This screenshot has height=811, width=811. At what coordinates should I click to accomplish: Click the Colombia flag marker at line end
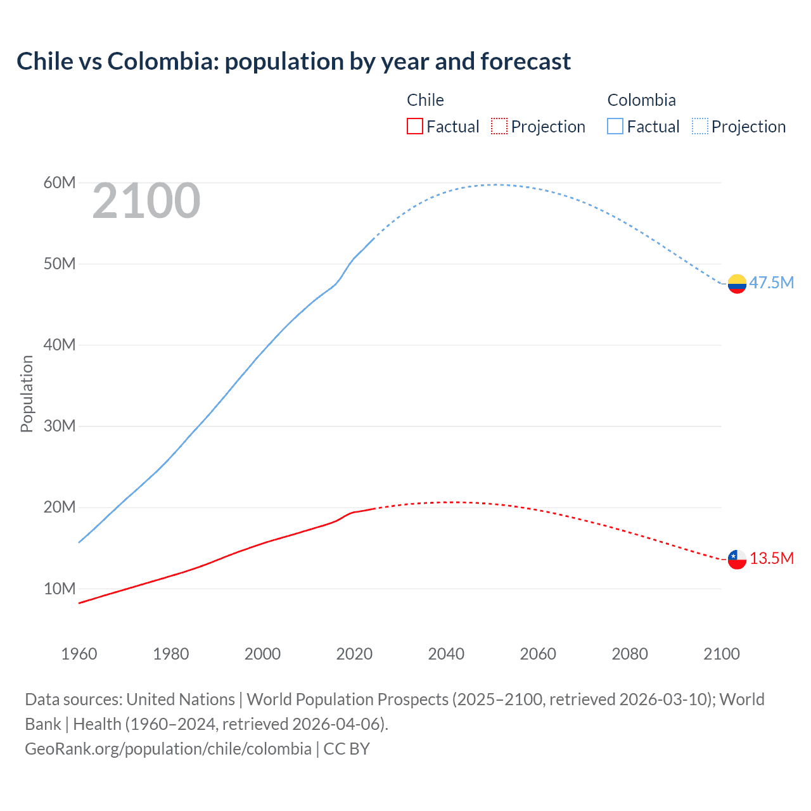737,284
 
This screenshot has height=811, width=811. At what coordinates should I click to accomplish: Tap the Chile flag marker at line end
737,559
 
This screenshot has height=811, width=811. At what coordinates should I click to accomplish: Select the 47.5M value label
771,283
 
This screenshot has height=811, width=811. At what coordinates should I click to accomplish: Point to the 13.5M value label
771,558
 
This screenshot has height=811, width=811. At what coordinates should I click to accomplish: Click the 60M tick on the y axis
60,183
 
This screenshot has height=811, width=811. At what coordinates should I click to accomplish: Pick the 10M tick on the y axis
60,589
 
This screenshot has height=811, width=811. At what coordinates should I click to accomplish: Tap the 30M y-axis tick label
60,426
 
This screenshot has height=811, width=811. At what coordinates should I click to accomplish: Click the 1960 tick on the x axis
79,654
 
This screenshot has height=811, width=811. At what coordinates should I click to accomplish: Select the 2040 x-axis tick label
446,654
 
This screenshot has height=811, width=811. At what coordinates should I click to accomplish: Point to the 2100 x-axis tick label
721,654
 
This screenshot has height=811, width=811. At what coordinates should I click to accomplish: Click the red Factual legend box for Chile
415,127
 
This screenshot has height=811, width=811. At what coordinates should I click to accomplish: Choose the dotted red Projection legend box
499,127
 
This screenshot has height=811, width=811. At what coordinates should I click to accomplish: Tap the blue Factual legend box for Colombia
615,127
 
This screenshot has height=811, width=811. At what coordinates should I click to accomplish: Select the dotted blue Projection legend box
700,127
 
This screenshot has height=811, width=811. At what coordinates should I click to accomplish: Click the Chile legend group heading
425,100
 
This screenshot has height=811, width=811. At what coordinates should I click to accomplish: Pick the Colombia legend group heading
641,100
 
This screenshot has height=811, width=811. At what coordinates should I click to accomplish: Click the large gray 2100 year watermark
146,201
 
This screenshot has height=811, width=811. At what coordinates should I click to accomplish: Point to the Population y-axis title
27,393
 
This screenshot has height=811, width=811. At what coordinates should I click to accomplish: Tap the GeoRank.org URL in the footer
168,749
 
